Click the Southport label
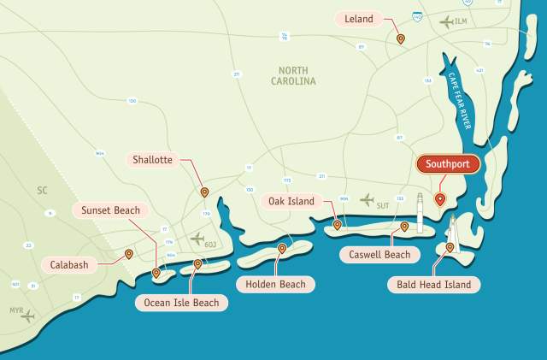pyautogui.click(x=449, y=163)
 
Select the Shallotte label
pyautogui.click(x=154, y=160)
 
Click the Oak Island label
pyautogui.click(x=291, y=202)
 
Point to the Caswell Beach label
pyautogui.click(x=379, y=254)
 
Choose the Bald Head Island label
pyautogui.click(x=432, y=284)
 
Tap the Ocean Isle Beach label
pyautogui.click(x=181, y=303)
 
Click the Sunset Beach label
pyautogui.click(x=110, y=210)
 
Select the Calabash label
pyautogui.click(x=67, y=264)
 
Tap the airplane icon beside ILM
pyautogui.click(x=446, y=21)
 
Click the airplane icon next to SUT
pyautogui.click(x=368, y=200)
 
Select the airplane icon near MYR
pyautogui.click(x=27, y=316)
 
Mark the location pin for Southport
pyautogui.click(x=440, y=199)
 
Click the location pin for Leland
pyautogui.click(x=400, y=38)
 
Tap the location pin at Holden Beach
pyautogui.click(x=282, y=249)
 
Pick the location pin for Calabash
pyautogui.click(x=128, y=254)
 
